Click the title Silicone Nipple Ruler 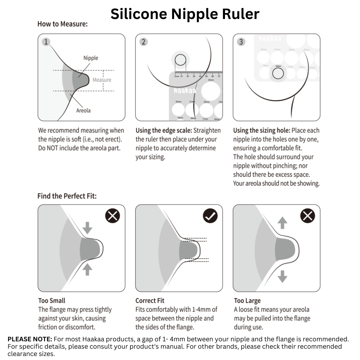tap(185, 14)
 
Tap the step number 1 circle tap(46, 42)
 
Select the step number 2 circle tap(144, 42)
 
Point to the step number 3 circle tap(241, 42)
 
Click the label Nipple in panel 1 tap(91, 58)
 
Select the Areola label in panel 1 tap(83, 110)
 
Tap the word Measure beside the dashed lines tap(102, 80)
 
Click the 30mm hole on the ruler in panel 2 tap(210, 91)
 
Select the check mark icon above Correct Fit tap(210, 216)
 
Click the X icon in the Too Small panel tap(113, 216)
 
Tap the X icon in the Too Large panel tap(307, 216)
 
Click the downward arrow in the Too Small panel tap(87, 228)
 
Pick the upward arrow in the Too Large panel tap(282, 223)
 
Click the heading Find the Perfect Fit tap(67, 196)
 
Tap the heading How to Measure tap(62, 24)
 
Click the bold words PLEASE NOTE tap(30, 339)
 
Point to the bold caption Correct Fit tap(150, 301)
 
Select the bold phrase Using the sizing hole tap(262, 130)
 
